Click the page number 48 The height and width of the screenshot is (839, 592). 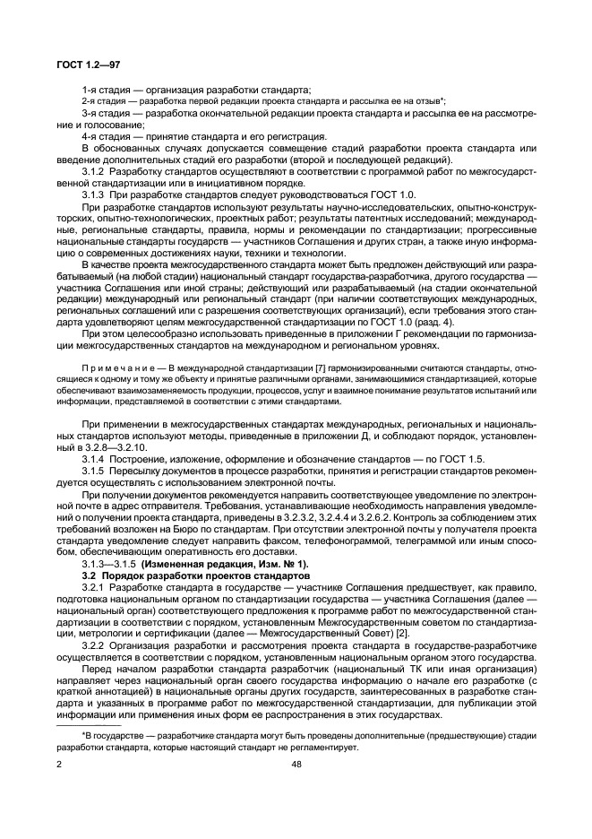pyautogui.click(x=296, y=764)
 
